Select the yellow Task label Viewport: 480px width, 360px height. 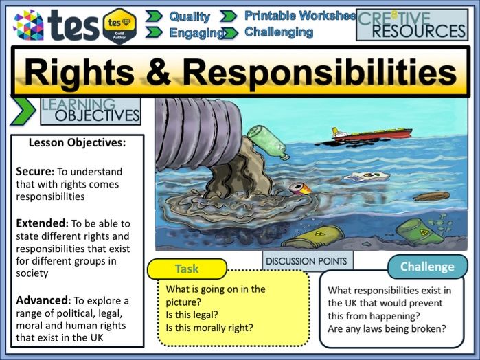pyautogui.click(x=187, y=269)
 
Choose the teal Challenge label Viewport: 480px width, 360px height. pyautogui.click(x=427, y=267)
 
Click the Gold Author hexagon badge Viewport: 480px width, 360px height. pyautogui.click(x=119, y=25)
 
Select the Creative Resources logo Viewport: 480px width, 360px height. pyautogui.click(x=412, y=24)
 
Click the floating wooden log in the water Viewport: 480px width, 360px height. pyautogui.click(x=431, y=196)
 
